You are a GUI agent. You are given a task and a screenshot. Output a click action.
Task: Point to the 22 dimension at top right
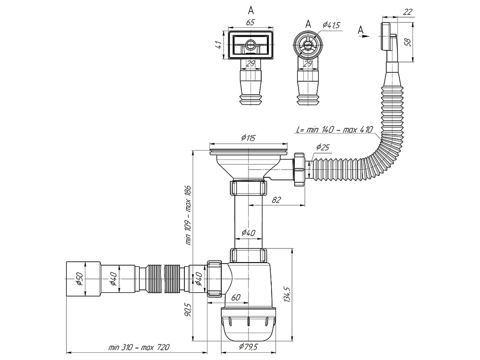(408, 11)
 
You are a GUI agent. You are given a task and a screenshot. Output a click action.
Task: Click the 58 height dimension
(408, 42)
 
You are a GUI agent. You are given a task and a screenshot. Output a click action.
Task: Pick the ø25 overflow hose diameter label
(323, 147)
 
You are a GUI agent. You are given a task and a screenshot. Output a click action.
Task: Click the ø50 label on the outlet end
(80, 279)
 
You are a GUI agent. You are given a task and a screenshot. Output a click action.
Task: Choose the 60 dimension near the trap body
(236, 298)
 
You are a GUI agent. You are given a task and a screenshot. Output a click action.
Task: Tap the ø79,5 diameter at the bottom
(248, 347)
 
